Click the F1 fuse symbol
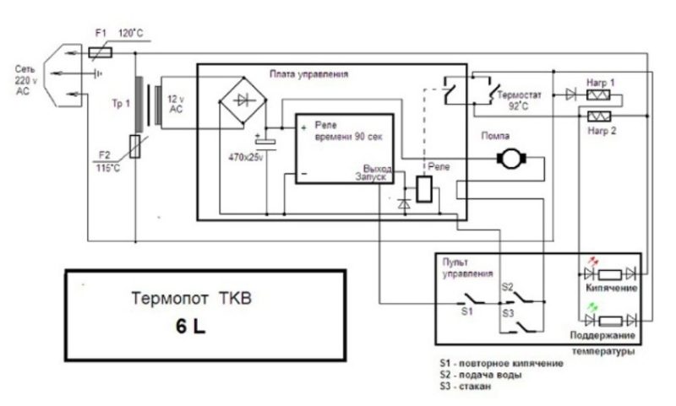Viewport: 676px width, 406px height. [101, 51]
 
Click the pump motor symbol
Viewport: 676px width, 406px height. [510, 157]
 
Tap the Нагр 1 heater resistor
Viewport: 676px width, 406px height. [601, 95]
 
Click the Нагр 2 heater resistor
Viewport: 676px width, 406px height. [601, 112]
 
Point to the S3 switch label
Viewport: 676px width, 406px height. [508, 312]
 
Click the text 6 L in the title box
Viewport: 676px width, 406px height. [191, 325]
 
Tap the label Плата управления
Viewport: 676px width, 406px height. [308, 74]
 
